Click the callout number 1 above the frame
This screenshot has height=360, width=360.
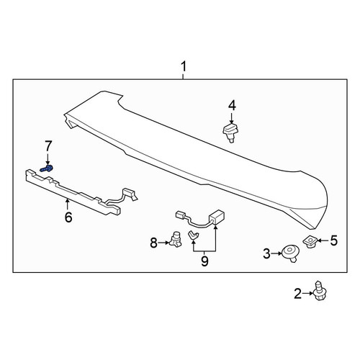click(x=184, y=66)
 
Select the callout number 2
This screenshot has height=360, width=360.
click(x=298, y=294)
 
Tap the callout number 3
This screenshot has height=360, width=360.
click(x=266, y=253)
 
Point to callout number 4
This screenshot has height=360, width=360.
click(x=232, y=106)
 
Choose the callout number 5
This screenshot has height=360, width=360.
click(x=333, y=240)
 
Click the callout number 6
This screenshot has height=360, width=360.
click(x=68, y=217)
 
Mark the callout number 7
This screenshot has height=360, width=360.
click(x=48, y=146)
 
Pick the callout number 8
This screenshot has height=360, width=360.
click(x=154, y=243)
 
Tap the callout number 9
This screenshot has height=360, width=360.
click(x=204, y=261)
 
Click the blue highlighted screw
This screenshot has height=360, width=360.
click(x=47, y=168)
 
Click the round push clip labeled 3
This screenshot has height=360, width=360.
click(x=290, y=253)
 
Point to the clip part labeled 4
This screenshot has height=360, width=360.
click(x=231, y=132)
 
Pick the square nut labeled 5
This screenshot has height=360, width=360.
click(x=310, y=242)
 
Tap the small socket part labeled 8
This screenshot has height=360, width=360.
click(x=175, y=239)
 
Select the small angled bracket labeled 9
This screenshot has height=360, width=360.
click(x=194, y=235)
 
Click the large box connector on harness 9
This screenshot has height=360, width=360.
click(x=217, y=216)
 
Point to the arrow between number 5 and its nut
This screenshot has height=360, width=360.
click(x=324, y=240)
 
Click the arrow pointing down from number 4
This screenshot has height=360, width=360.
click(x=232, y=119)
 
